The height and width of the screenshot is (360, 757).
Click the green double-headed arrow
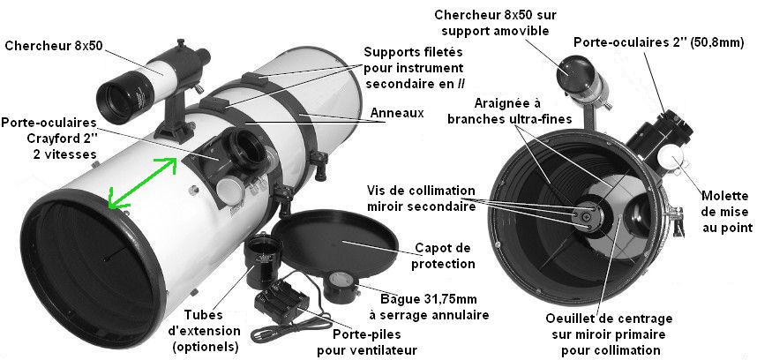[x=138, y=182]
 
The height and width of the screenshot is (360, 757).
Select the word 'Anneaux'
[x=394, y=113]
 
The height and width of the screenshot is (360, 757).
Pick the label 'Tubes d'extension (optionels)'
[x=213, y=331]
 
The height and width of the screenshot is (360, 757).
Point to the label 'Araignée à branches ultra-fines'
[x=513, y=109]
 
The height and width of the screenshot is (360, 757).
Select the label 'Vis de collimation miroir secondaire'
[x=424, y=199]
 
